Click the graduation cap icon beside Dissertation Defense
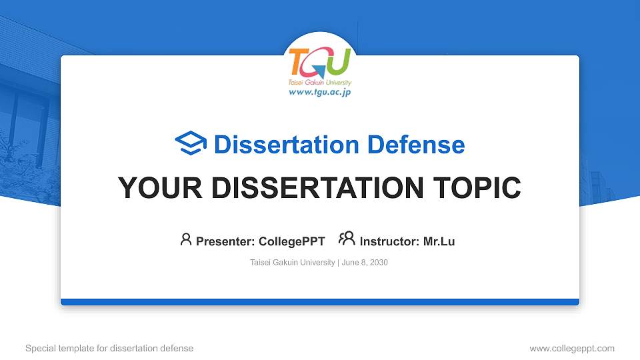pyautogui.click(x=191, y=144)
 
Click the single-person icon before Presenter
pyautogui.click(x=186, y=239)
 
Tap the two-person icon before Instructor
pyautogui.click(x=347, y=239)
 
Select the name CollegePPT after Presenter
pyautogui.click(x=291, y=241)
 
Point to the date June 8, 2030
pyautogui.click(x=365, y=263)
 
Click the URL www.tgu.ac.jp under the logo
pyautogui.click(x=319, y=93)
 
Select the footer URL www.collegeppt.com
pyautogui.click(x=571, y=348)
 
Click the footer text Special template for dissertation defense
pyautogui.click(x=109, y=348)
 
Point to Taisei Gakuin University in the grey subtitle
pyautogui.click(x=293, y=263)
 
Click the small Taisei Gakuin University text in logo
pyautogui.click(x=319, y=83)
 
